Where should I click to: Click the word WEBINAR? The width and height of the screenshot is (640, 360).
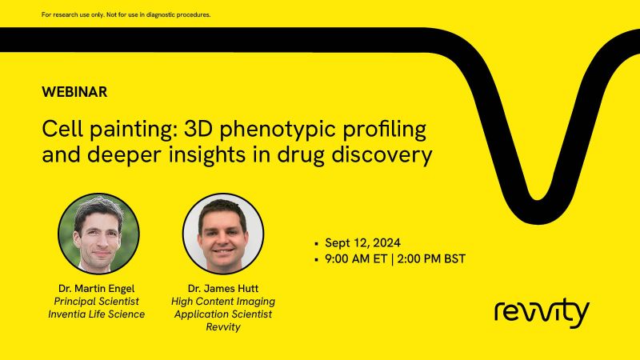point(74,92)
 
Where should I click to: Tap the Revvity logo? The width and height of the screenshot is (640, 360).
point(542,312)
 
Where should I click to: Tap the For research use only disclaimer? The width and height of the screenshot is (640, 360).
point(126,14)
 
